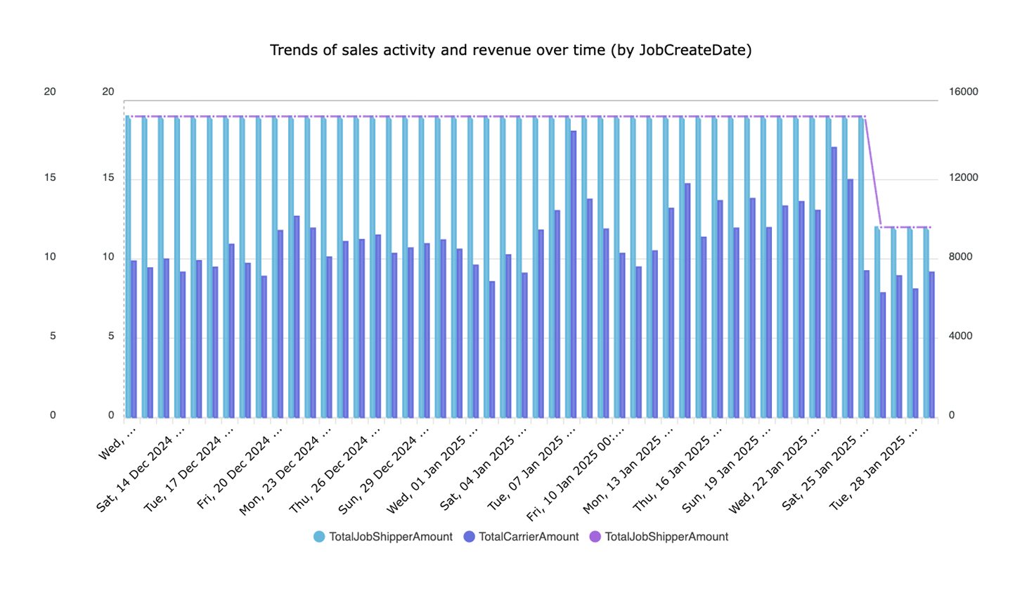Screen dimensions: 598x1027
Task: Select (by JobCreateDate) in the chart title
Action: (680, 50)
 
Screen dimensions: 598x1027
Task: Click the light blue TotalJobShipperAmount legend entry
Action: (383, 537)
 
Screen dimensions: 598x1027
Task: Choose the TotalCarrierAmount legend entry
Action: (521, 537)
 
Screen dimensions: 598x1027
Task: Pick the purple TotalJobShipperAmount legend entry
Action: (659, 537)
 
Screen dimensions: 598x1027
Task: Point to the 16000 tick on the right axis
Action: (963, 91)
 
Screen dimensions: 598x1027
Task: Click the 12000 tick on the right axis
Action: (963, 178)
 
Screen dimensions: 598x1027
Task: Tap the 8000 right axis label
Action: (960, 257)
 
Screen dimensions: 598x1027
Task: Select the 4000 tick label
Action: (960, 336)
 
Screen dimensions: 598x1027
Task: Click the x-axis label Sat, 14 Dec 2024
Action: (142, 469)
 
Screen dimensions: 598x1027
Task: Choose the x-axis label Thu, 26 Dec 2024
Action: (335, 469)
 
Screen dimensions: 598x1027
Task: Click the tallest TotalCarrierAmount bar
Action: (574, 274)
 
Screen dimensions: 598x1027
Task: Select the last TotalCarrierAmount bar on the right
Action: (931, 345)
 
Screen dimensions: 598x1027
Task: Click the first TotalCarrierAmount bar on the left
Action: (134, 339)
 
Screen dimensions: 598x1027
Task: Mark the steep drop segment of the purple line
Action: (873, 172)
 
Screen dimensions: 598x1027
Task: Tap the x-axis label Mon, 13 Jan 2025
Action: (628, 469)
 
